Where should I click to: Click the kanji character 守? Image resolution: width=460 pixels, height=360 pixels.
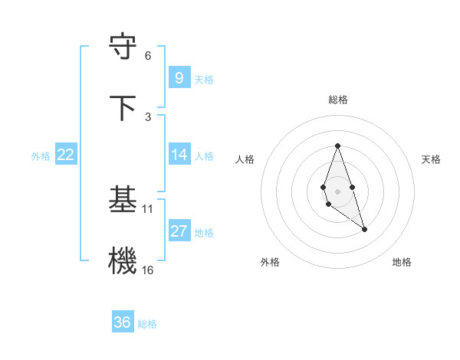[x=123, y=47]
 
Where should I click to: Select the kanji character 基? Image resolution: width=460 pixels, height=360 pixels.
[x=123, y=200]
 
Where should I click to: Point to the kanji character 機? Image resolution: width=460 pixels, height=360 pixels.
[x=123, y=261]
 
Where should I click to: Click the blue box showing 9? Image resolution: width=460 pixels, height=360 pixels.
[x=179, y=77]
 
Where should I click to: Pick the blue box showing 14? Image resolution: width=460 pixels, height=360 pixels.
[x=179, y=155]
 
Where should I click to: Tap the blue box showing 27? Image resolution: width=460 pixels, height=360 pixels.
[x=179, y=231]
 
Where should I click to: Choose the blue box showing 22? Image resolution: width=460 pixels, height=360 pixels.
[x=66, y=155]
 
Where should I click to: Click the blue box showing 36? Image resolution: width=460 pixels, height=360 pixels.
[x=122, y=322]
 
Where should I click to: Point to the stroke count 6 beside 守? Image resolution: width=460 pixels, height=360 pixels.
[x=148, y=56]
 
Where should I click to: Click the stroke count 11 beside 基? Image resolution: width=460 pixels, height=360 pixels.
[x=148, y=208]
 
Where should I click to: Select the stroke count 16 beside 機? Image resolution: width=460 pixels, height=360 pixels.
[x=148, y=270]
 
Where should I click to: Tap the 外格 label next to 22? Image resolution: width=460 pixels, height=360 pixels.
[x=41, y=156]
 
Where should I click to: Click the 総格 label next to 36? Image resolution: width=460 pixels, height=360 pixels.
[x=147, y=324]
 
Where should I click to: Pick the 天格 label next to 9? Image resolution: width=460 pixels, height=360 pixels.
[x=204, y=79]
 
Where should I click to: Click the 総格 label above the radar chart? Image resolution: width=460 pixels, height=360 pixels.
[x=338, y=100]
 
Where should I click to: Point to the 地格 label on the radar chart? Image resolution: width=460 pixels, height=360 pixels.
[x=402, y=262]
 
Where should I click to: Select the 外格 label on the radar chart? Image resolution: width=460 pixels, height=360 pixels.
[x=270, y=262]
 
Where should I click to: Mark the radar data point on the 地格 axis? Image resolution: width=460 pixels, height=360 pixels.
[x=365, y=229]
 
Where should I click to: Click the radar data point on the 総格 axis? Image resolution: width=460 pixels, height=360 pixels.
[x=337, y=146]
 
